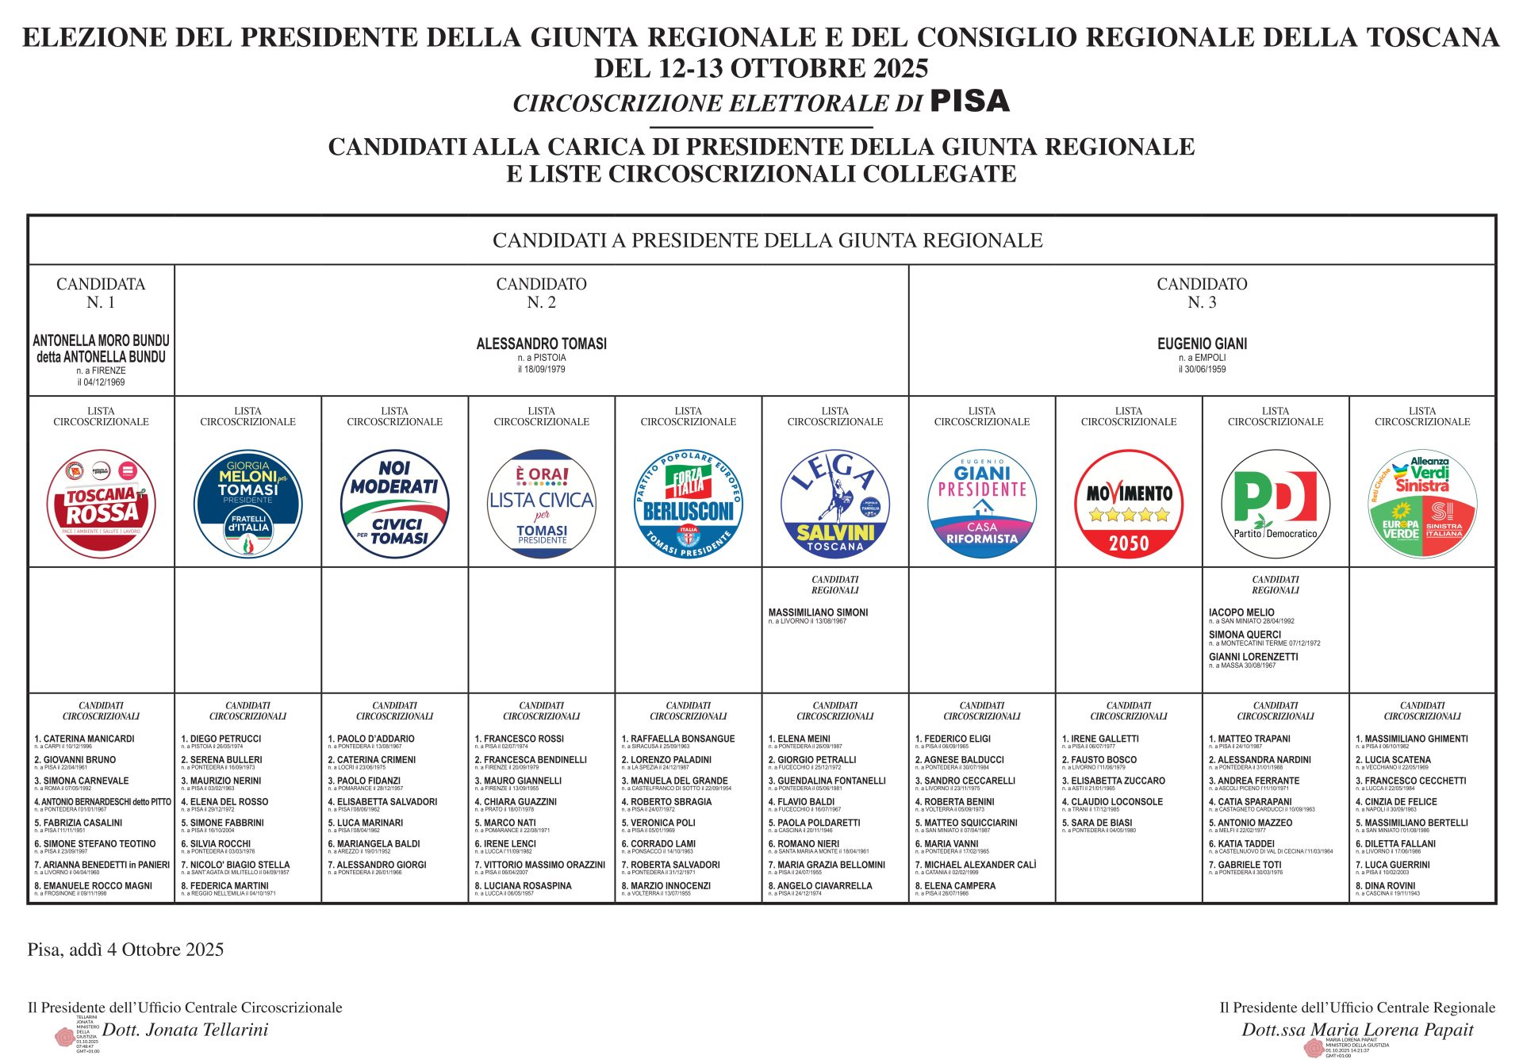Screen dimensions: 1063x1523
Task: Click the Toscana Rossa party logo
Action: (101, 504)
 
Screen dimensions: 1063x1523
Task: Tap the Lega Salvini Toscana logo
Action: (834, 504)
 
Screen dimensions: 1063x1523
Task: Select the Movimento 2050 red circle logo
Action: (1128, 504)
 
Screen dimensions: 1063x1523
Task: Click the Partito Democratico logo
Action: (1275, 504)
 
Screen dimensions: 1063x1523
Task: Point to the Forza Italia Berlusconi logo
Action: (688, 504)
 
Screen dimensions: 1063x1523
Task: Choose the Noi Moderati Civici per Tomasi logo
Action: (394, 504)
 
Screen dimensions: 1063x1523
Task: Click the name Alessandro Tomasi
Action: (541, 343)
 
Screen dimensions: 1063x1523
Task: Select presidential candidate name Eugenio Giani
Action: (1202, 343)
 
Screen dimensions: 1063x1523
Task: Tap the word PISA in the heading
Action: (969, 102)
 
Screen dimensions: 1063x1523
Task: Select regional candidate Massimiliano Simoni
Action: (818, 612)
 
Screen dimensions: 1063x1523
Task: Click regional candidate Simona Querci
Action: (1245, 635)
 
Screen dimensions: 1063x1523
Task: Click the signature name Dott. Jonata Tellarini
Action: (186, 1030)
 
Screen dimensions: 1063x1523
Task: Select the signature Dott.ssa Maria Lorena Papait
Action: (1357, 1030)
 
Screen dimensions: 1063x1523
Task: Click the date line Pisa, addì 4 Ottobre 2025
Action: (125, 950)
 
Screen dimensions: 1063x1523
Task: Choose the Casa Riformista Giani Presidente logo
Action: (981, 504)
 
